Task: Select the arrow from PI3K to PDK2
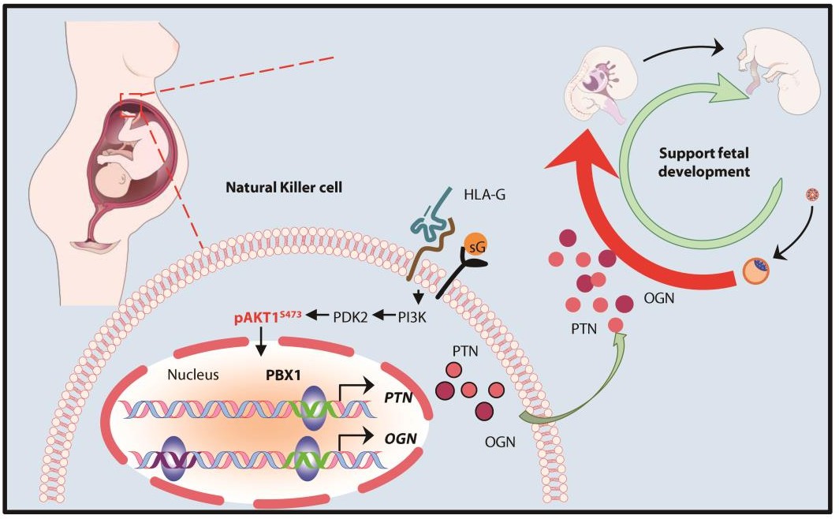click(386, 316)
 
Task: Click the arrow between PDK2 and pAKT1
click(319, 316)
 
